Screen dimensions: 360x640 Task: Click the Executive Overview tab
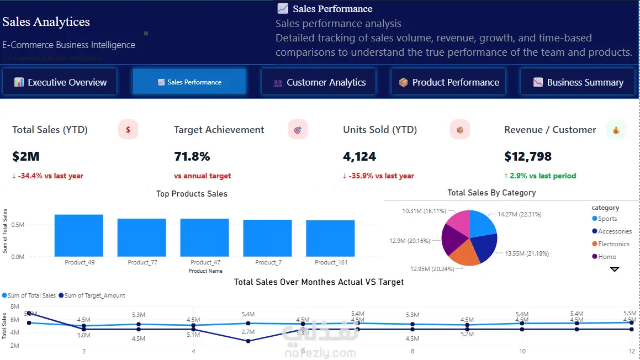60,82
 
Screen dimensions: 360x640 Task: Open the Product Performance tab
448,82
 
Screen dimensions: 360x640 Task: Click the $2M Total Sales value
26,156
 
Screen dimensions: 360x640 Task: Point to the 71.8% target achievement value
192,156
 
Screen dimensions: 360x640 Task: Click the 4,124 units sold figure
359,156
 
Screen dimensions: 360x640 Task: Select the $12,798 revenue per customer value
528,156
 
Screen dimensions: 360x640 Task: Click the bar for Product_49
79,235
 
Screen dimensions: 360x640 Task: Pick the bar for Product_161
330,238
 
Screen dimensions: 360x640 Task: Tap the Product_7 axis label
268,262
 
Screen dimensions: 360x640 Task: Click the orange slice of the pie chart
461,252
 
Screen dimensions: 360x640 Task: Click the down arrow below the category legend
615,269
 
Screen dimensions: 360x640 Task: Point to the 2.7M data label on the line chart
248,332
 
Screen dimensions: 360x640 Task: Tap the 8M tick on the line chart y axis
15,306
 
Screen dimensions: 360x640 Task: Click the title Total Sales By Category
491,193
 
